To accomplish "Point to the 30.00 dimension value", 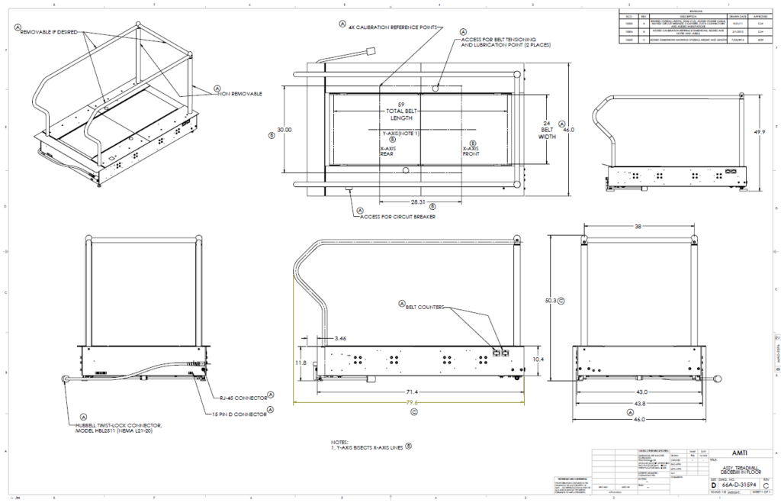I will click(x=284, y=130).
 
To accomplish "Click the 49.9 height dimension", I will click(x=759, y=132).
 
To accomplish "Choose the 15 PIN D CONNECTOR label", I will click(x=241, y=414).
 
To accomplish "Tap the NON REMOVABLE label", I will click(x=241, y=93).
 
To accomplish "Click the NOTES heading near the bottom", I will click(x=340, y=442).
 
